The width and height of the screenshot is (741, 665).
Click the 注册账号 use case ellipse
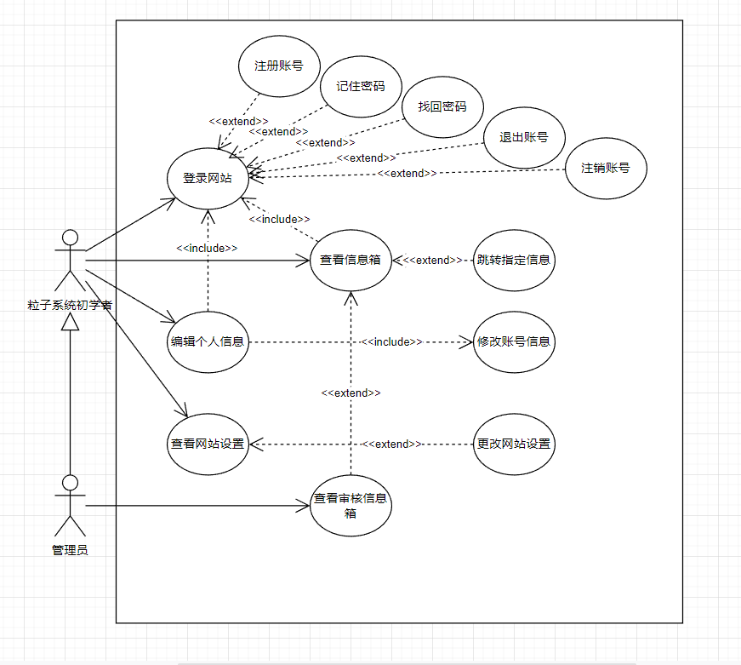(279, 66)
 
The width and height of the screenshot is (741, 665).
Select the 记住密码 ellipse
(361, 87)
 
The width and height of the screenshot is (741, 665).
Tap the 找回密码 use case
(442, 107)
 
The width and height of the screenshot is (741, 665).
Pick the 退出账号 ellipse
(524, 138)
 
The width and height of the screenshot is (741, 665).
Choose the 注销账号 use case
(606, 169)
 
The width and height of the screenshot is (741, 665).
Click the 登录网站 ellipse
(208, 178)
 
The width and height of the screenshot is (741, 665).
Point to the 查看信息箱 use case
(351, 261)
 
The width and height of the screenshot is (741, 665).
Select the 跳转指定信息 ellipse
(514, 261)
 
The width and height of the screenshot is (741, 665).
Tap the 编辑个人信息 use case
(208, 342)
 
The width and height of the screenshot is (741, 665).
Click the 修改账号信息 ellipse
(514, 342)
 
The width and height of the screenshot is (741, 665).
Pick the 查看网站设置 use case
(208, 444)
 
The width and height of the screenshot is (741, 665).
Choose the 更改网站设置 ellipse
(514, 444)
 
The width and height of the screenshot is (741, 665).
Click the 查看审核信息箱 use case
(351, 506)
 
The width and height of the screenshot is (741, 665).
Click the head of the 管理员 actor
(70, 483)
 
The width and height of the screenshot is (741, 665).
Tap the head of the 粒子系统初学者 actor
(70, 238)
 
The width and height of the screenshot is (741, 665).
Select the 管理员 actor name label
(70, 550)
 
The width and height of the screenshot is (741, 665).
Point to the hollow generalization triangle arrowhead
(70, 322)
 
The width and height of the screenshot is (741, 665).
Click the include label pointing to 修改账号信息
(391, 342)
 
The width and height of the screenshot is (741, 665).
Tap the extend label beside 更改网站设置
(391, 444)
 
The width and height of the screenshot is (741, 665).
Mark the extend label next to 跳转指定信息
(432, 261)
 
